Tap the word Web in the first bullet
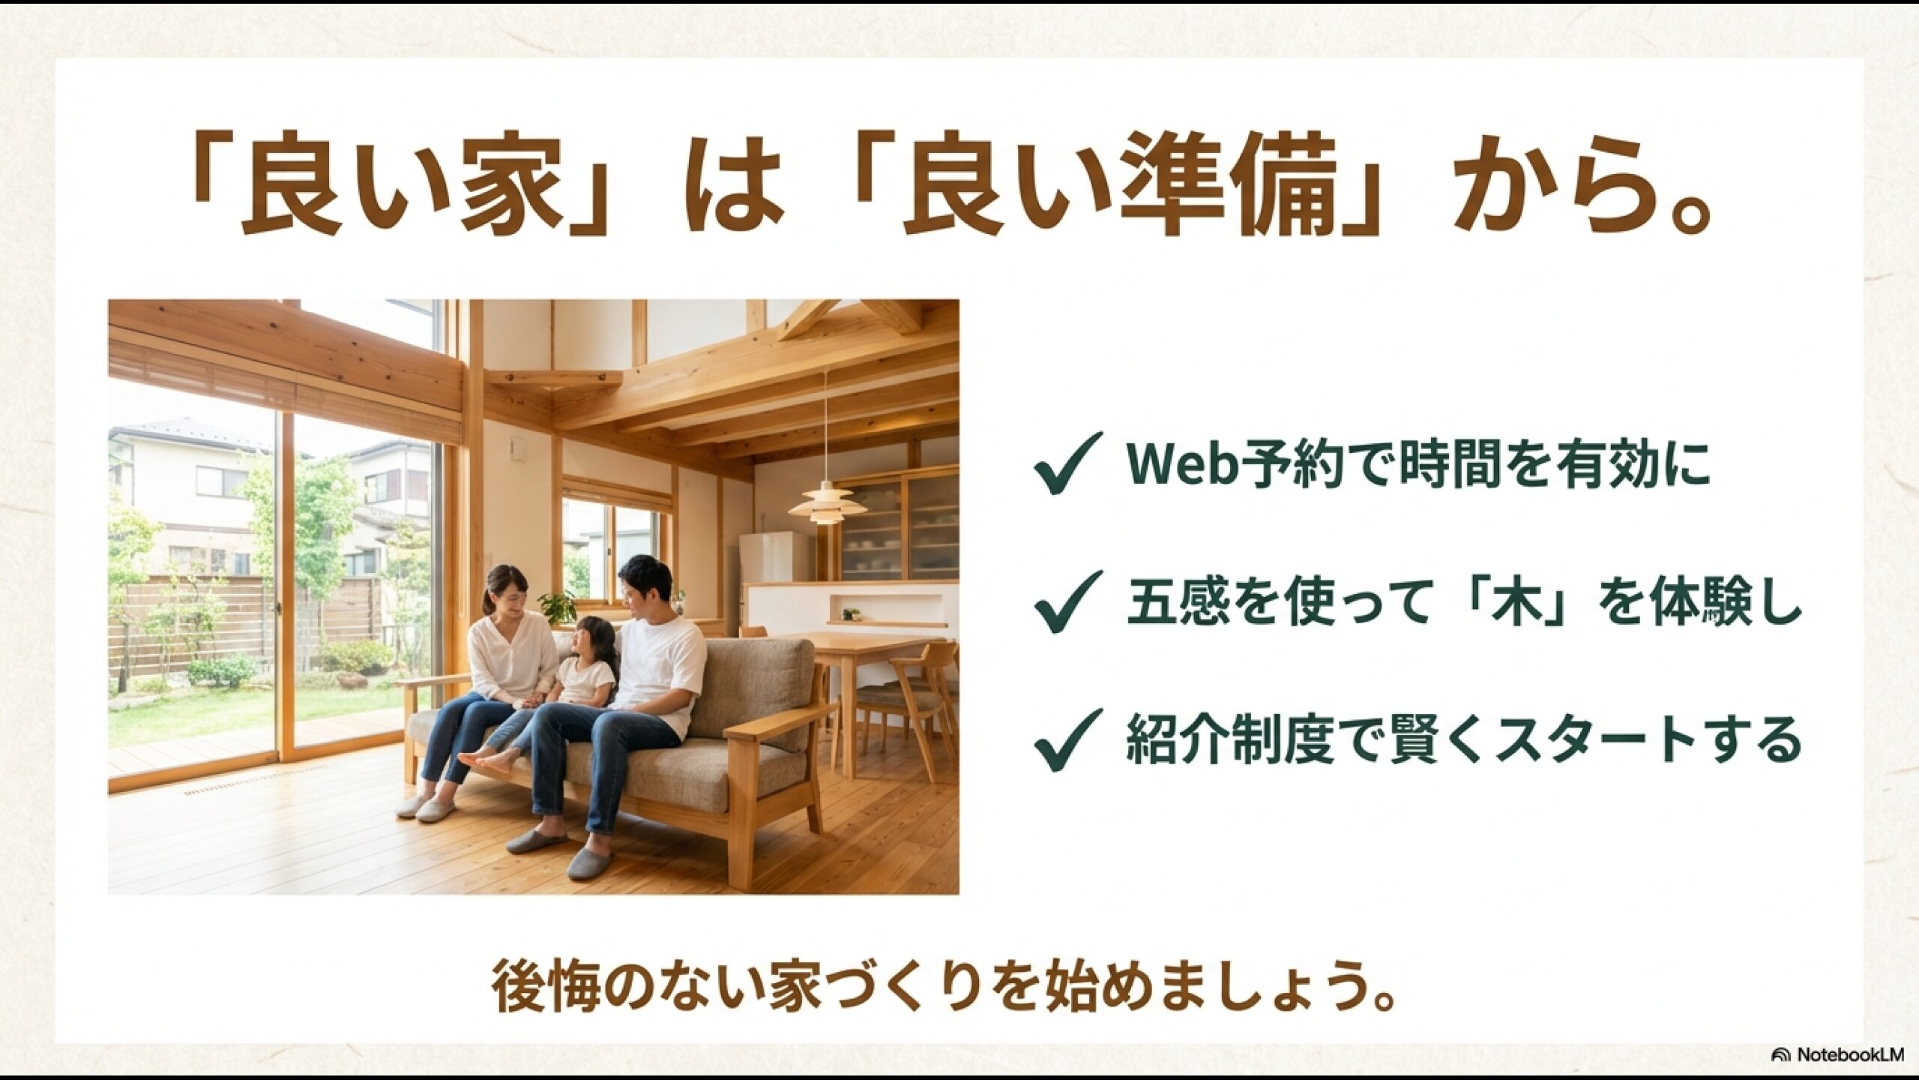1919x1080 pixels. [x=1178, y=464]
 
